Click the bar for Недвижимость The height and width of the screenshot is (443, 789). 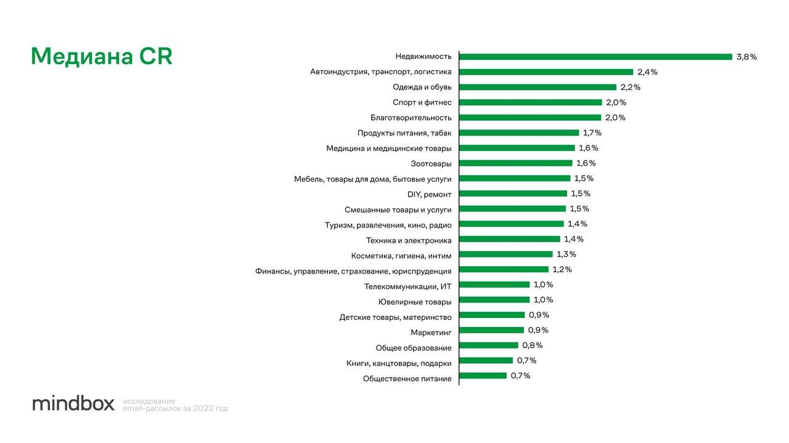[x=595, y=57]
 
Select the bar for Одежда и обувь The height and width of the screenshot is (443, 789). [x=538, y=87]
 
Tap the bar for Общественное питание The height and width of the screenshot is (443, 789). [x=483, y=376]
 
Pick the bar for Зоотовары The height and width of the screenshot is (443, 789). [x=515, y=163]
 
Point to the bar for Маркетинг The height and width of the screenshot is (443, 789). [x=491, y=330]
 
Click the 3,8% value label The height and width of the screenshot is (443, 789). [x=746, y=57]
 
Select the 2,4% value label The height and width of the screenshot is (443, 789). [x=647, y=72]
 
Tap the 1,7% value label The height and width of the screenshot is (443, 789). [x=592, y=132]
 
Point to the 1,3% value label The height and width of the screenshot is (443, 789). [x=566, y=254]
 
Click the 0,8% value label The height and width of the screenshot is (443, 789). [x=533, y=345]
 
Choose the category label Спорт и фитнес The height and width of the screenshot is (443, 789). [x=422, y=102]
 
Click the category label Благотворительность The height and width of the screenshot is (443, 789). [x=411, y=118]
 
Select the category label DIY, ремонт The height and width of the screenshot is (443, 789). [x=430, y=194]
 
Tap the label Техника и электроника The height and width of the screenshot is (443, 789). [x=409, y=240]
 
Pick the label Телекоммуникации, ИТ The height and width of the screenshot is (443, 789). [x=408, y=287]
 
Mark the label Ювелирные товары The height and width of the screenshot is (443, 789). [x=415, y=302]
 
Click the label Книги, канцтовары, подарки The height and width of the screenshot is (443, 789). [x=399, y=363]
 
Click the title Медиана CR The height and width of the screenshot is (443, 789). [x=102, y=57]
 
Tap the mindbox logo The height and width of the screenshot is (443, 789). [x=73, y=404]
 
